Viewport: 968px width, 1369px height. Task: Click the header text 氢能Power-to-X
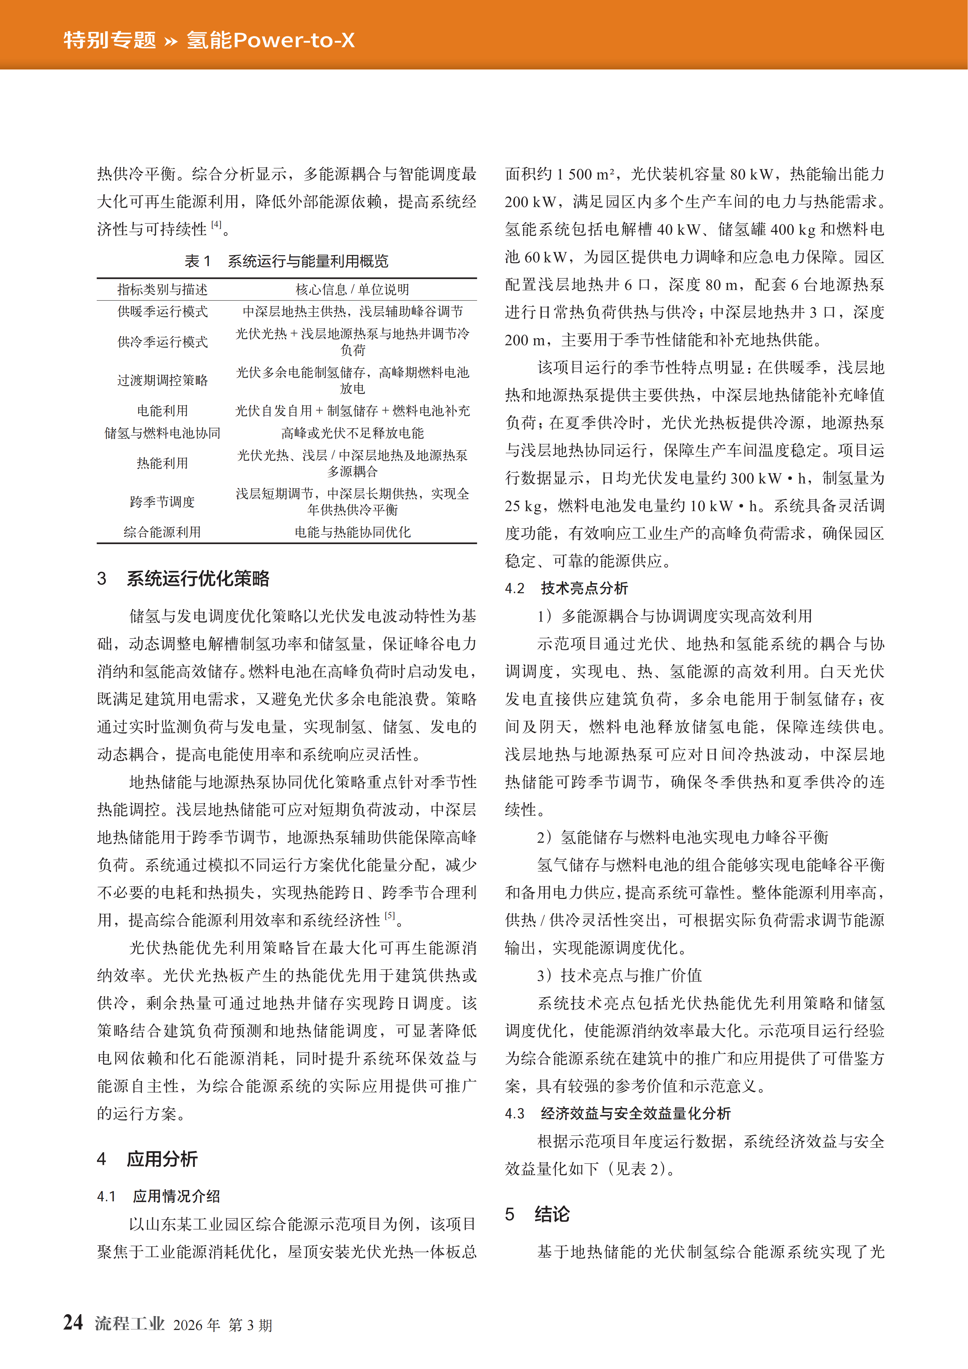[x=270, y=41]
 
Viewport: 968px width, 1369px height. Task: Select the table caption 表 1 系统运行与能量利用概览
[x=286, y=261]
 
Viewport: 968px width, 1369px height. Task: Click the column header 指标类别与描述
[x=162, y=290]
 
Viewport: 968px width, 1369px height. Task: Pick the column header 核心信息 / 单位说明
[x=352, y=290]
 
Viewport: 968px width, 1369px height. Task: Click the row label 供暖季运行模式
[x=162, y=311]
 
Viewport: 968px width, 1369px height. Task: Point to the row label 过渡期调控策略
[x=162, y=380]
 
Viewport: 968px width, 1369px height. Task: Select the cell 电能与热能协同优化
[x=352, y=532]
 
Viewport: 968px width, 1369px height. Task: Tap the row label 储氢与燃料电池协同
[x=162, y=433]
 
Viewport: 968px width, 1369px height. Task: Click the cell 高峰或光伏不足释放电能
[x=352, y=433]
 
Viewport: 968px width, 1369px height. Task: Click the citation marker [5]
[x=389, y=915]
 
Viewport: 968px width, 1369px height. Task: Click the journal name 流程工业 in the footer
[x=130, y=1324]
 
